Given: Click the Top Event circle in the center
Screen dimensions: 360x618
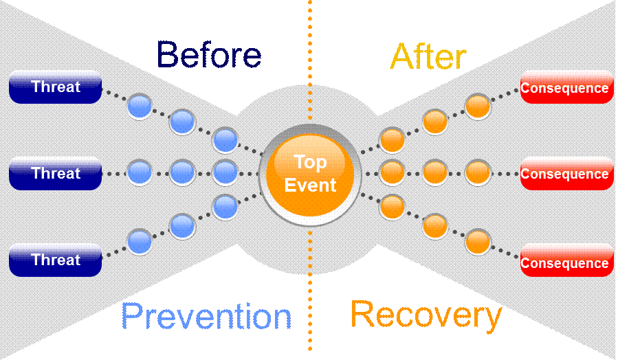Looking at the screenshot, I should [310, 175].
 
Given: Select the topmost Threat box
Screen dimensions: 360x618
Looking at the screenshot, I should [56, 87].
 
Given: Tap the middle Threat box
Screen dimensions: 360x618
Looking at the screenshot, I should [56, 174].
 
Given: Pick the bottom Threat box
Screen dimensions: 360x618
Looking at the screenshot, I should [56, 260].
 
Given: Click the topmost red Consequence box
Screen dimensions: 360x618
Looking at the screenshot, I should [566, 88].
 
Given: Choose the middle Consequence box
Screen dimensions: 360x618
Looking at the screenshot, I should [566, 175].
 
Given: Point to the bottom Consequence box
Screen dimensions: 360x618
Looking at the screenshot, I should [566, 263].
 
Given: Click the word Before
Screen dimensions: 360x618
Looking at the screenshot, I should [209, 55].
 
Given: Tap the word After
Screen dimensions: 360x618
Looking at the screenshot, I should [428, 56].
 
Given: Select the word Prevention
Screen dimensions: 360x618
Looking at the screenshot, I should [206, 317].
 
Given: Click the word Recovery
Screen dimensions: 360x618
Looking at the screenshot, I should [426, 315].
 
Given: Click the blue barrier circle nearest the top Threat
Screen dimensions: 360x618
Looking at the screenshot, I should [139, 106].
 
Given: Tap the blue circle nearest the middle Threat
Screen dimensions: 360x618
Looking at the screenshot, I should [139, 172].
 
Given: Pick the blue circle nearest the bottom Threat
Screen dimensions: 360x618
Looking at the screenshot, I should [139, 242].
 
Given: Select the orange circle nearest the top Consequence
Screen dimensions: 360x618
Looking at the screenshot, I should [478, 106].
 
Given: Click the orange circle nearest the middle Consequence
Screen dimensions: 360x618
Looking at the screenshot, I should [478, 172].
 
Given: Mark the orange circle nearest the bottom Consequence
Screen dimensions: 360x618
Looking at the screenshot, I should [478, 242].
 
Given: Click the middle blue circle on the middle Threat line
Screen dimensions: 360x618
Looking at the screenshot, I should [182, 172].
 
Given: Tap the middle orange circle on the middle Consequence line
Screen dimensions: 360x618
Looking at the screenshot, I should [434, 172].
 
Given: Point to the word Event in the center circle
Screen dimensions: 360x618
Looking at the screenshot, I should [311, 185].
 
